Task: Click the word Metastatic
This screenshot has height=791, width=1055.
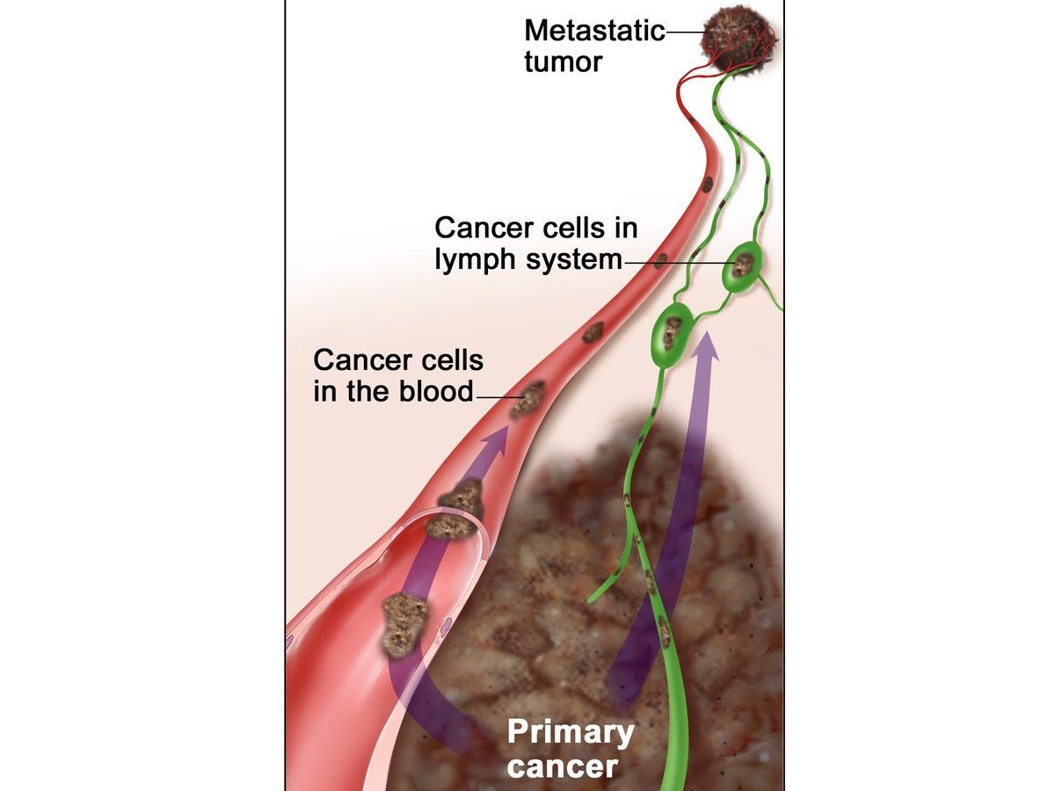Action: tap(594, 31)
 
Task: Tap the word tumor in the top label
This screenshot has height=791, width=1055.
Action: tap(563, 62)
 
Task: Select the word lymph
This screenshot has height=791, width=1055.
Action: tap(477, 261)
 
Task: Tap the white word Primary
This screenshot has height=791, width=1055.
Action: tap(571, 732)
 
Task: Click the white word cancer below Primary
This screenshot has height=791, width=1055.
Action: tap(563, 766)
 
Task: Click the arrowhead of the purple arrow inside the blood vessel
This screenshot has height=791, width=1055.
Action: tap(496, 437)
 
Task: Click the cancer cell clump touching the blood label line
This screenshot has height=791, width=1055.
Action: tap(528, 397)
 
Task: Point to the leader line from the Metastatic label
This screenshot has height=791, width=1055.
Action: tap(684, 33)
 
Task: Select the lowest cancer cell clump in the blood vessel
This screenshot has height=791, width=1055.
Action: tap(404, 621)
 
